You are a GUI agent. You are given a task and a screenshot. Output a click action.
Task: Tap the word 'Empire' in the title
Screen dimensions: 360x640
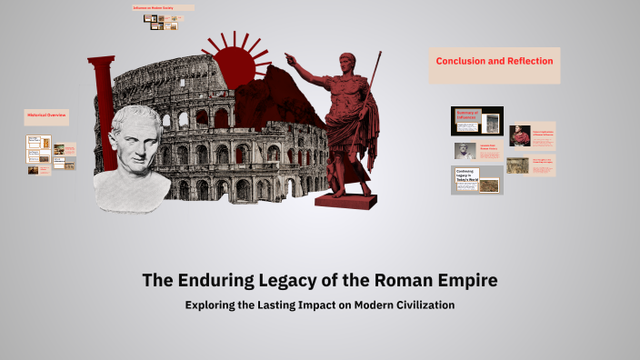click(x=463, y=280)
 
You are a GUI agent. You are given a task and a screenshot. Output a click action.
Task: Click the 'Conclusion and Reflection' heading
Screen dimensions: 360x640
click(x=494, y=61)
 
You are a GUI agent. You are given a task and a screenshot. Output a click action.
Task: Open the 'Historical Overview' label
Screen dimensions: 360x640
click(x=46, y=116)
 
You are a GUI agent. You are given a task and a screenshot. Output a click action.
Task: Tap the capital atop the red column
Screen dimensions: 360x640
click(x=101, y=61)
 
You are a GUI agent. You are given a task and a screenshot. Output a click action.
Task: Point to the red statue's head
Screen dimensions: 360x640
click(x=347, y=63)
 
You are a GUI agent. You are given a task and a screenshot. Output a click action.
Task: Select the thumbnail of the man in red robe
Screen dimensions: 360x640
click(x=520, y=135)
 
